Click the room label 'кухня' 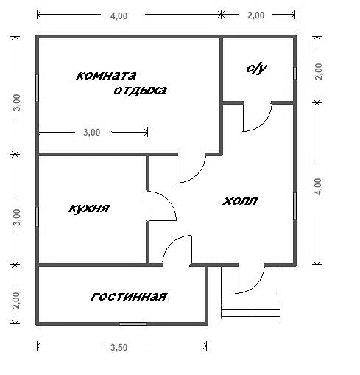tap(89, 208)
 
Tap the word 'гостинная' tap(129, 297)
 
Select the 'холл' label tap(240, 201)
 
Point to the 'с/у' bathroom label tap(256, 69)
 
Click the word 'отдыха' tap(140, 91)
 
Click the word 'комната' tap(106, 75)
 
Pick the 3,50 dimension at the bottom tap(119, 348)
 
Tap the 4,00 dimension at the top tap(119, 16)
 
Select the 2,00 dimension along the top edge tap(256, 15)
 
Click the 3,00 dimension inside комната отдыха tap(92, 133)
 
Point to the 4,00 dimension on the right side tap(318, 186)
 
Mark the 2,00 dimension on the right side tap(319, 71)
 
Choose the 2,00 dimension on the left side tap(16, 301)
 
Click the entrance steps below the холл tap(250, 310)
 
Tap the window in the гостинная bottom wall tap(133, 324)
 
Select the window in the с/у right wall tap(294, 73)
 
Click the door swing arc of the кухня tap(170, 200)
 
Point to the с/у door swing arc tap(264, 123)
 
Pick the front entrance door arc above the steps tap(258, 286)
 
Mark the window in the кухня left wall tap(37, 217)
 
